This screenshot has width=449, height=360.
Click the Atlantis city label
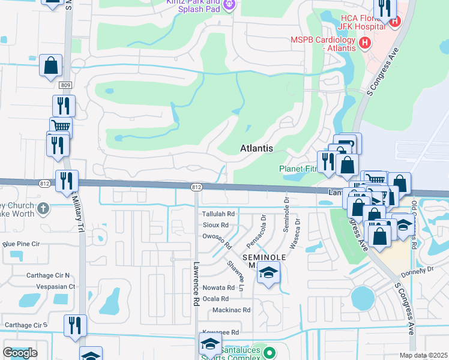pyautogui.click(x=256, y=148)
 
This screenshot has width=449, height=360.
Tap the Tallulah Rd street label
pyautogui.click(x=218, y=214)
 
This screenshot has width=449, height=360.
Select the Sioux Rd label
pyautogui.click(x=216, y=225)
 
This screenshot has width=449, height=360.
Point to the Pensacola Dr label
pyautogui.click(x=255, y=232)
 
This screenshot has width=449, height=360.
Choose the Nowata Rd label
pyautogui.click(x=214, y=287)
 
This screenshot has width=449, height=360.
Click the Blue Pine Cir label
pyautogui.click(x=21, y=244)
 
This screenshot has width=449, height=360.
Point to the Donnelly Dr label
pyautogui.click(x=421, y=271)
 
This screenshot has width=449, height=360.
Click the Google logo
pyautogui.click(x=20, y=353)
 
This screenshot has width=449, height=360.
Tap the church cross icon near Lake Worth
pyautogui.click(x=42, y=209)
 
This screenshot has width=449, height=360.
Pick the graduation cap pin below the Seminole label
pyautogui.click(x=268, y=273)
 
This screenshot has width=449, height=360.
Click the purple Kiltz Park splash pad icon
pyautogui.click(x=228, y=5)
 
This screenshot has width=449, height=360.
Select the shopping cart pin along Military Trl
pyautogui.click(x=60, y=126)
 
